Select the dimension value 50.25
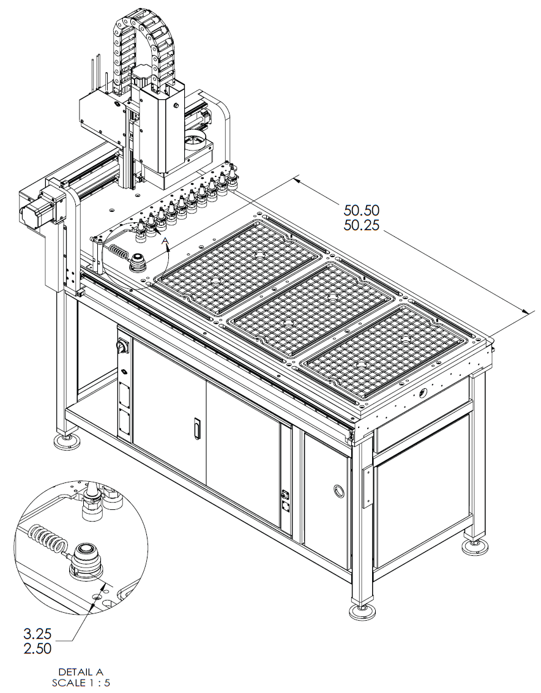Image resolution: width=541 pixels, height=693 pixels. pyautogui.click(x=361, y=225)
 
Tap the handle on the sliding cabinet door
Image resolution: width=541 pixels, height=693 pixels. pyautogui.click(x=196, y=428)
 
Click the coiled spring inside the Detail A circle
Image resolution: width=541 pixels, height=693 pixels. pyautogui.click(x=50, y=539)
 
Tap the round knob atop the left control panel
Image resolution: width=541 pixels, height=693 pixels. pyautogui.click(x=121, y=347)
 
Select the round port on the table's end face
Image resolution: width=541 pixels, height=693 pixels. pyautogui.click(x=422, y=392)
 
